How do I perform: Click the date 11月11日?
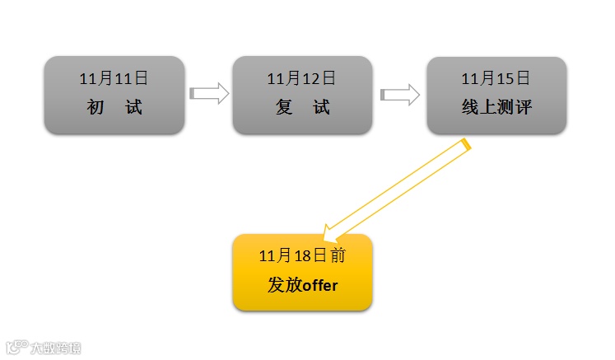(x=114, y=79)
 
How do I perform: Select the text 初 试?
(x=114, y=107)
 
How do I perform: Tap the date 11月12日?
(x=301, y=79)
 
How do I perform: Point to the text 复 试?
(x=301, y=107)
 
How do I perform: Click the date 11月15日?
(x=496, y=79)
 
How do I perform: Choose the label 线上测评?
(x=496, y=107)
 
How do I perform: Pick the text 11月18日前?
(x=301, y=256)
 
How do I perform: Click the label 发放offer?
(x=302, y=285)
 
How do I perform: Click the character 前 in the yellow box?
(x=338, y=256)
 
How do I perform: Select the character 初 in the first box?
(x=95, y=107)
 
